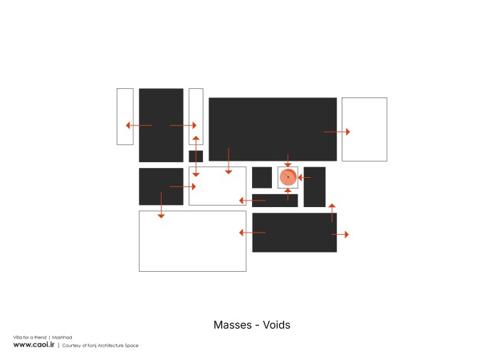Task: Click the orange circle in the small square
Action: tap(288, 177)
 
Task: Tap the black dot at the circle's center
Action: tap(288, 177)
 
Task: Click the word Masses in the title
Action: tap(233, 324)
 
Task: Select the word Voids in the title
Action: tap(276, 324)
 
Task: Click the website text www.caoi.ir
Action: tap(33, 344)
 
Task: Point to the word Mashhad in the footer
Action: tap(62, 337)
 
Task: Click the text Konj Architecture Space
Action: tap(112, 346)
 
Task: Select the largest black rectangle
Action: tap(273, 129)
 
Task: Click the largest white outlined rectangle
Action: tap(192, 241)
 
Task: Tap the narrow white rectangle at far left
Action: tap(125, 117)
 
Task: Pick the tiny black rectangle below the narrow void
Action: tap(196, 157)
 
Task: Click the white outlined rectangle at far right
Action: tap(364, 129)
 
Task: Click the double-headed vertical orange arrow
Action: tap(196, 157)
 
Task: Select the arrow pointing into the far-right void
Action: tap(337, 132)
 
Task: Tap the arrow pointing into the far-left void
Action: tap(139, 125)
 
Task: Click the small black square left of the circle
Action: tap(262, 177)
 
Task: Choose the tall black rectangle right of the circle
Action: tap(315, 187)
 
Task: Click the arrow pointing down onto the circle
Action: tap(288, 161)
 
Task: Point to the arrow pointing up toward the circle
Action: tap(288, 195)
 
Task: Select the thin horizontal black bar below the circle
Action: tap(275, 201)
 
